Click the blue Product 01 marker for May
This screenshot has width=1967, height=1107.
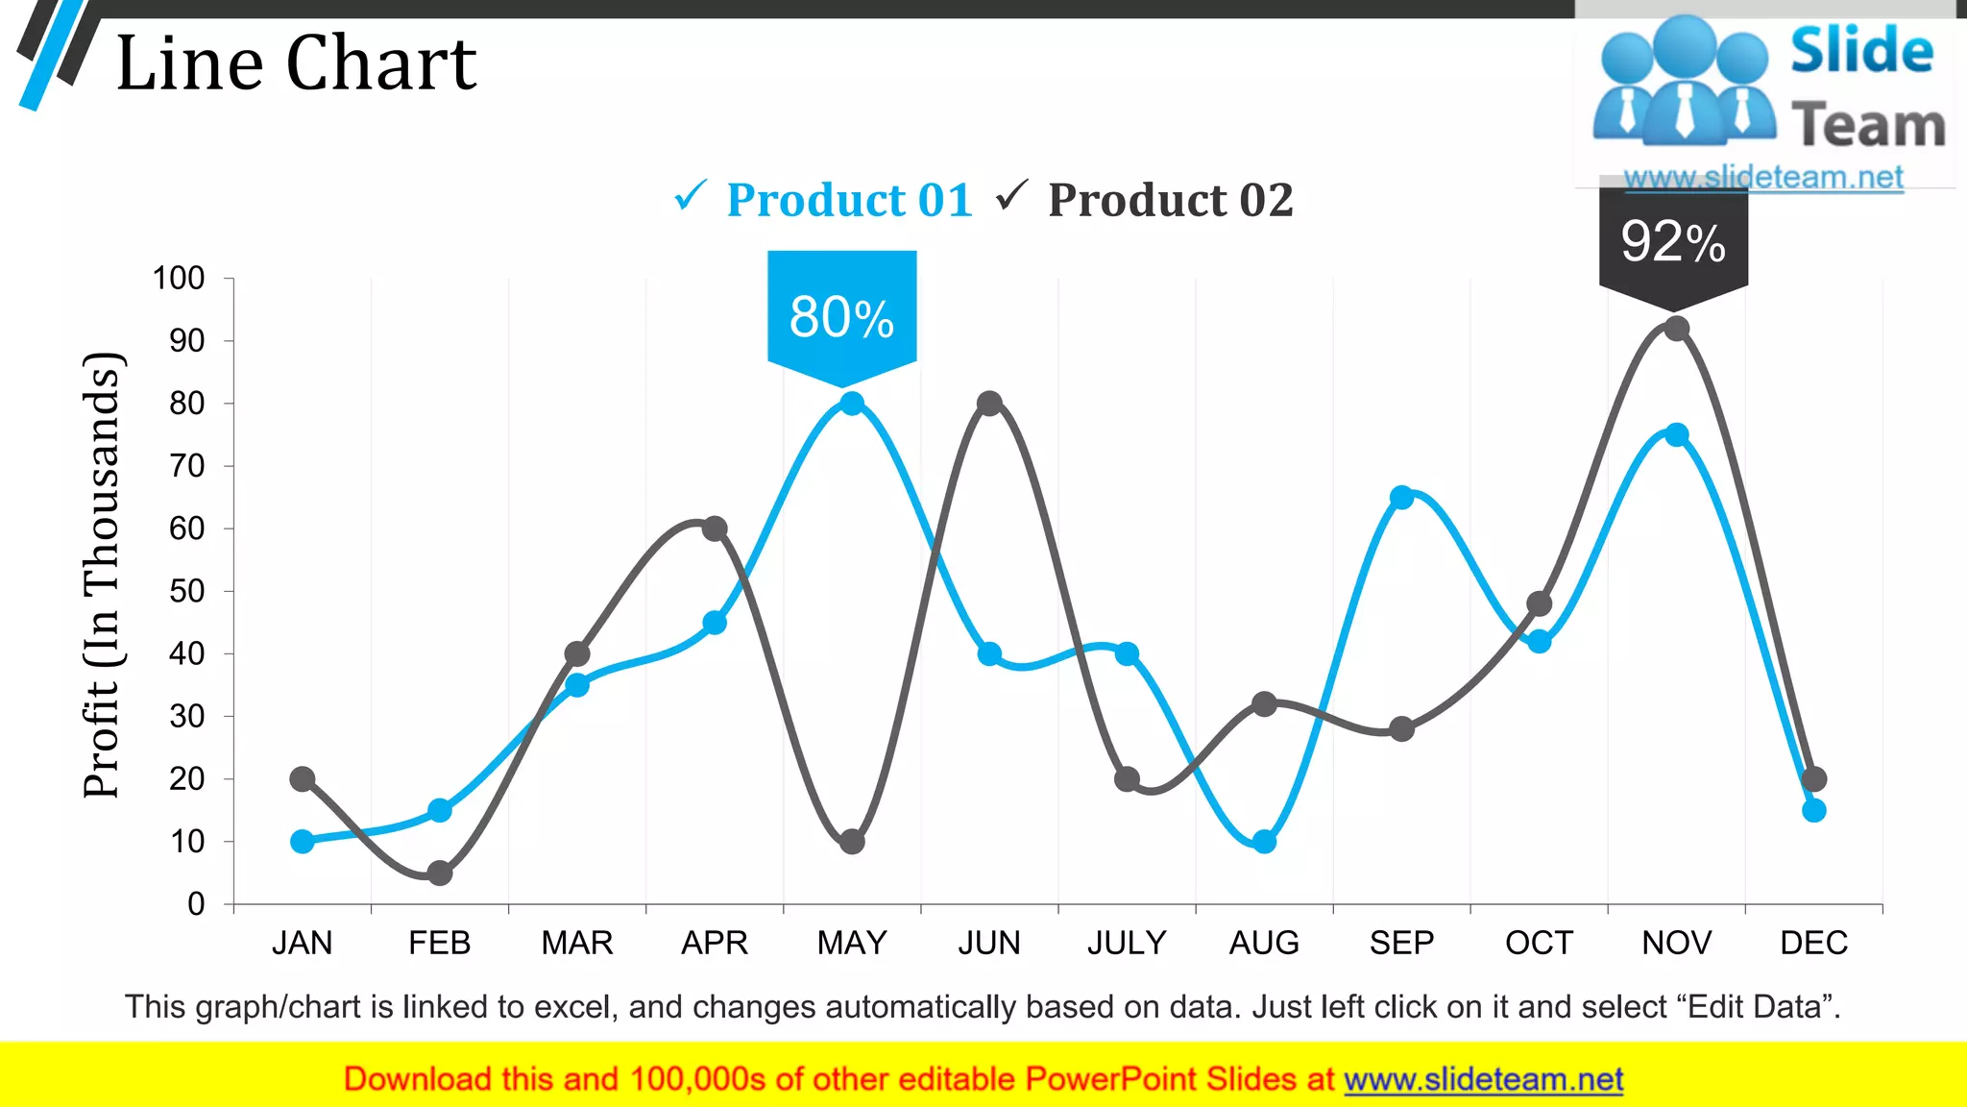(x=852, y=404)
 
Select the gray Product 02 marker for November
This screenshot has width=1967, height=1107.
(x=1676, y=329)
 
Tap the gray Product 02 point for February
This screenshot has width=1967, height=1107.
(x=440, y=873)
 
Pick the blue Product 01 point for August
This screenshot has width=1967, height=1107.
(x=1264, y=842)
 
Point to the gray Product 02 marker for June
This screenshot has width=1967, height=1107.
(x=989, y=404)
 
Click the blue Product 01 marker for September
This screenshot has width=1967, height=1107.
(x=1401, y=498)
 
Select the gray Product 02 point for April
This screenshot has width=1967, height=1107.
(x=715, y=529)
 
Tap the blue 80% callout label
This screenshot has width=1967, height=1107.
(x=841, y=317)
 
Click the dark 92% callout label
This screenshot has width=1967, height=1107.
(x=1673, y=241)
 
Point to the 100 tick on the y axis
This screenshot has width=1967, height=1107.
(x=179, y=279)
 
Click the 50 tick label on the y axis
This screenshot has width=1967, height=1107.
(x=186, y=591)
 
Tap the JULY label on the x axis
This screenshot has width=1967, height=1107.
(x=1127, y=943)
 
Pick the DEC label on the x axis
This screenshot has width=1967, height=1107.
(x=1813, y=943)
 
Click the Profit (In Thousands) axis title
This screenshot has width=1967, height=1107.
(x=101, y=575)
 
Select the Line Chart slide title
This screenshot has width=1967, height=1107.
(x=296, y=63)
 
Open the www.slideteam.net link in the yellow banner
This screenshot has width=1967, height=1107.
(x=1483, y=1079)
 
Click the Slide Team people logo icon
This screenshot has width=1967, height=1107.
(x=1683, y=82)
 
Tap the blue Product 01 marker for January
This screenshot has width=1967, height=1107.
(x=303, y=842)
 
